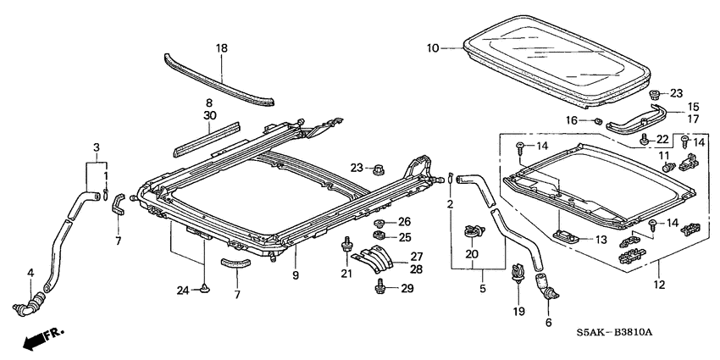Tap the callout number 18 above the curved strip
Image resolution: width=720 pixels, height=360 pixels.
click(x=222, y=49)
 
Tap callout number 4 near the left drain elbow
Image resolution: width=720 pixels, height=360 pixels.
click(x=31, y=273)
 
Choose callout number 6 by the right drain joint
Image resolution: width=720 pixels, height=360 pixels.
click(x=547, y=322)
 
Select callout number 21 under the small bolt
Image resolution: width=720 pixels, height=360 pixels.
click(x=345, y=272)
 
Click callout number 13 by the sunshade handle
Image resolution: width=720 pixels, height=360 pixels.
click(x=600, y=241)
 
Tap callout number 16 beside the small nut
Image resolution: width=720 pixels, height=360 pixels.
click(x=573, y=121)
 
